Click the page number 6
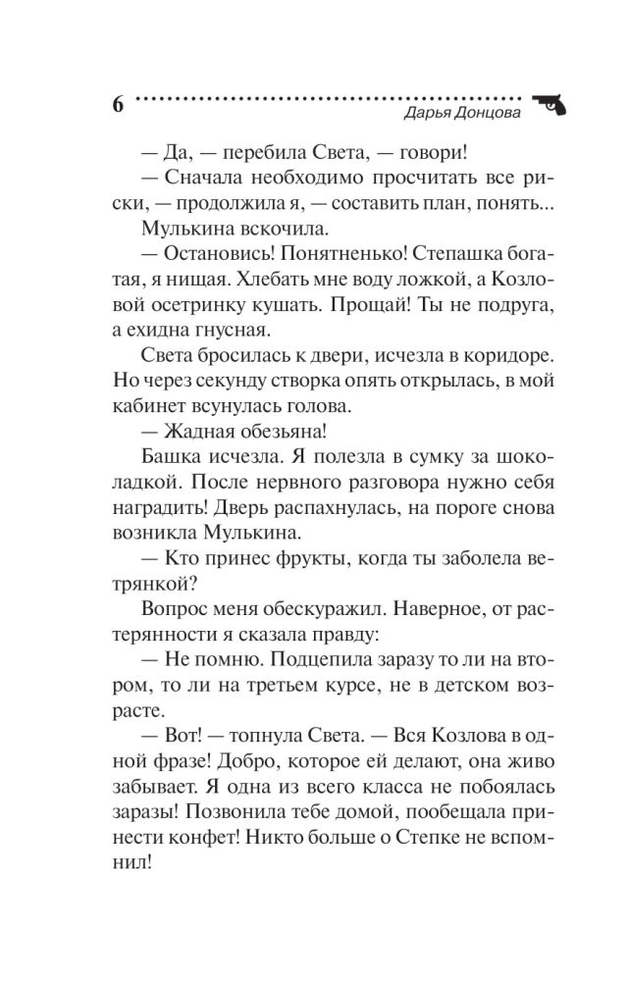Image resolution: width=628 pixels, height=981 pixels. click(x=118, y=105)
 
